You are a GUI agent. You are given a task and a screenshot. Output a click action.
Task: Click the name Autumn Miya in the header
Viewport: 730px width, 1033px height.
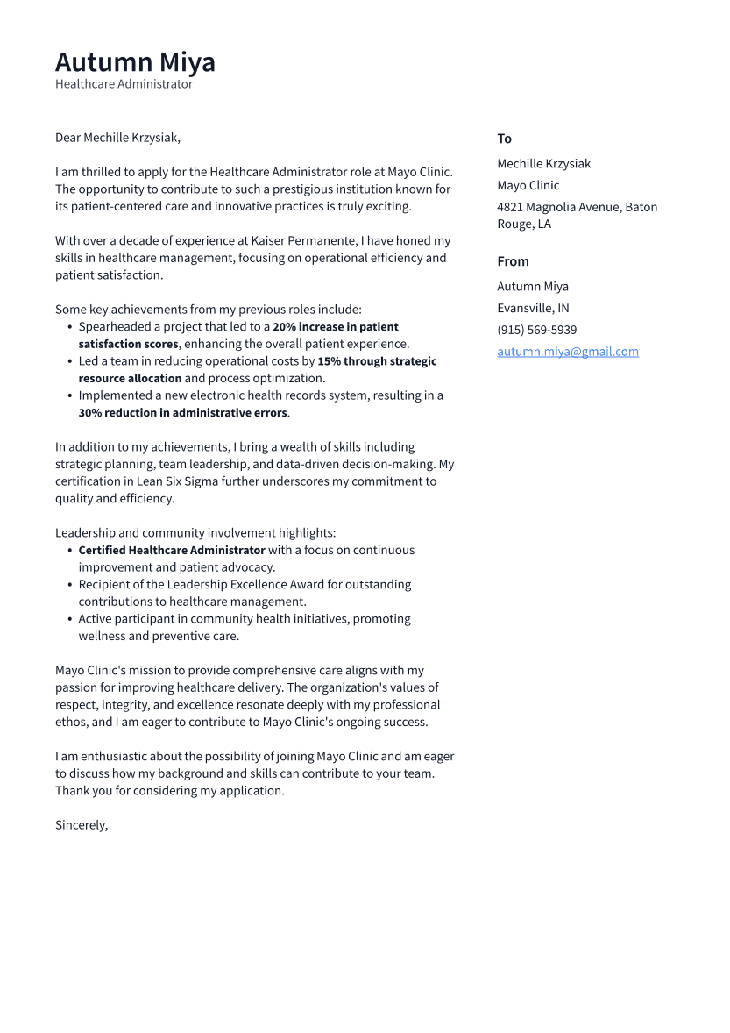135,63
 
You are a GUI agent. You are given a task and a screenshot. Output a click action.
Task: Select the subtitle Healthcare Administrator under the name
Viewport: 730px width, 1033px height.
124,84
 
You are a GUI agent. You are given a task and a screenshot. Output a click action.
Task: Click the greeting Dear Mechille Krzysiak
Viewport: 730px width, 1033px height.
117,138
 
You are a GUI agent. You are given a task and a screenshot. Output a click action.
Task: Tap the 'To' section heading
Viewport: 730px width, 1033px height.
504,139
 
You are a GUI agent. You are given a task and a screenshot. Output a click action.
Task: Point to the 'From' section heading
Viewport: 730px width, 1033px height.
513,261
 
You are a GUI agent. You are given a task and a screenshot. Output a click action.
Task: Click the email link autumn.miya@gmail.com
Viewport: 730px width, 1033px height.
567,352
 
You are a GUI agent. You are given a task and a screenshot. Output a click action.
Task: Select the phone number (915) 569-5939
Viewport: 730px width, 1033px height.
536,330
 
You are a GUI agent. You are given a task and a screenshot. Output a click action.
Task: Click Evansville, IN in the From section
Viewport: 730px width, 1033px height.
533,308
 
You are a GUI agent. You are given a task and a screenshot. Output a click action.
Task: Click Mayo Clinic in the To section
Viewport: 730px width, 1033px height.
528,185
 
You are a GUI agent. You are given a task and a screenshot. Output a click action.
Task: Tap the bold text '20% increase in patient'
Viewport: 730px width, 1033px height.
335,327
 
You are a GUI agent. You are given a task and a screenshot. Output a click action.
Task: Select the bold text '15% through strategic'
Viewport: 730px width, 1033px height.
377,361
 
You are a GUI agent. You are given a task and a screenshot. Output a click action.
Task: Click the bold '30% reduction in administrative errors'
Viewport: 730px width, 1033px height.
182,413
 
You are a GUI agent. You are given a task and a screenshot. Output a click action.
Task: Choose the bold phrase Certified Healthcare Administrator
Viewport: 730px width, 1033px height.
172,551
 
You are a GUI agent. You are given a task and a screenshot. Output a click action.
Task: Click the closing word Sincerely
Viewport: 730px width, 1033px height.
81,825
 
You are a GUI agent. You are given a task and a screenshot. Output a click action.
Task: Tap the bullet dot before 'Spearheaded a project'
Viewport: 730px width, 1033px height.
70,327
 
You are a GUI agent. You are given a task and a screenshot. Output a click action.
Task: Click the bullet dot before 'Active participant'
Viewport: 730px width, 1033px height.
70,619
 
